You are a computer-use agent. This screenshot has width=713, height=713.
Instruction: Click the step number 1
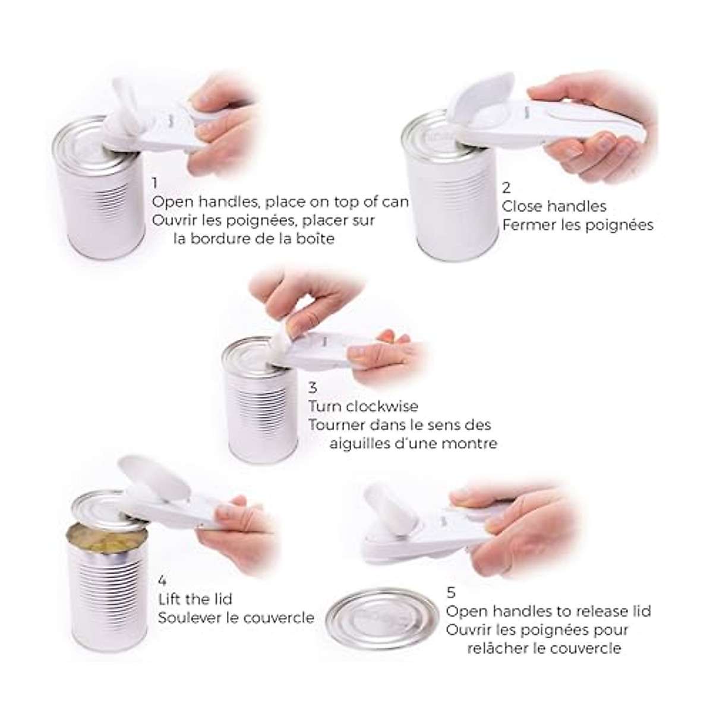156,183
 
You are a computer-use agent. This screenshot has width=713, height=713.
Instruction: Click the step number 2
506,188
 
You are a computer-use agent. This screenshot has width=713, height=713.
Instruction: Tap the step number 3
313,388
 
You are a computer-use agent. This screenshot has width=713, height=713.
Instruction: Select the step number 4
162,581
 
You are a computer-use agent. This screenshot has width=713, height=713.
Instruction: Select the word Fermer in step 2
530,225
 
